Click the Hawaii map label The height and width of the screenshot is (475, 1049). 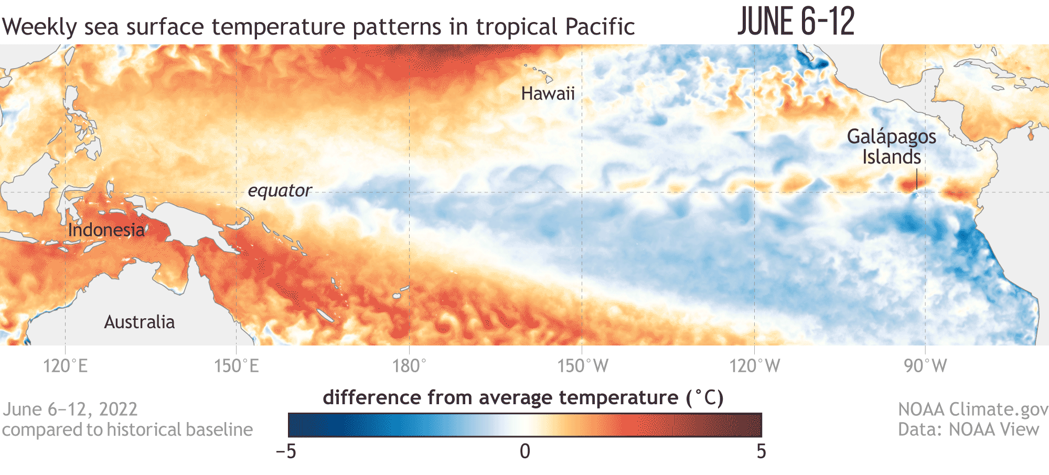point(548,94)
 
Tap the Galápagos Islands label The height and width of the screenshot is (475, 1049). point(891,146)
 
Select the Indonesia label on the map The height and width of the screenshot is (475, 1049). point(106,230)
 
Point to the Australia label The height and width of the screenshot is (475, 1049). point(139,322)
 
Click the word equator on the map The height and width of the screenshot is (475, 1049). point(280,190)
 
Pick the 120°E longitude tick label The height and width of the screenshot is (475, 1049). point(65,365)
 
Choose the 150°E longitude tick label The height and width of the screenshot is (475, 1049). point(236,365)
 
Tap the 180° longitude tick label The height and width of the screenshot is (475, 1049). point(409,365)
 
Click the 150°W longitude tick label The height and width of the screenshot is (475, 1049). point(582,365)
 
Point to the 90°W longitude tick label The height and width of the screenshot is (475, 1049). point(925,365)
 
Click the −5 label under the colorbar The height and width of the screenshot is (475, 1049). point(286,451)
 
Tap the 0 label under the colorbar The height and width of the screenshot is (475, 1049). point(524,451)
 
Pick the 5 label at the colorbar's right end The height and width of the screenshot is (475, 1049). point(762,451)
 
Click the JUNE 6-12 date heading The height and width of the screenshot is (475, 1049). point(796,22)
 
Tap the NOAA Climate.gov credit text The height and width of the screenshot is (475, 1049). point(973,409)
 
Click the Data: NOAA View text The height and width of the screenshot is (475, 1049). point(968,429)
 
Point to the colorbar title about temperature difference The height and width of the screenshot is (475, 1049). point(523,398)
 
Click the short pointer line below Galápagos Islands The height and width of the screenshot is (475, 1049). point(916,179)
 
